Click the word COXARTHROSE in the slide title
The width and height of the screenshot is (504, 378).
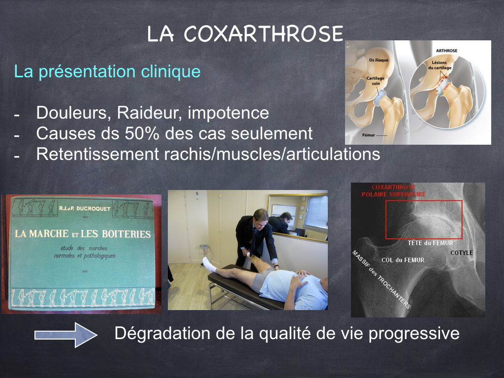[264, 34]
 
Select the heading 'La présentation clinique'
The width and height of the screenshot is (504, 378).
[107, 71]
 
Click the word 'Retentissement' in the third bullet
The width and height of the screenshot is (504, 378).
[98, 154]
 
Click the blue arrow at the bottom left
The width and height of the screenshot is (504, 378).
[66, 335]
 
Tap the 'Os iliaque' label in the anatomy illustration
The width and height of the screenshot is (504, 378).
[378, 60]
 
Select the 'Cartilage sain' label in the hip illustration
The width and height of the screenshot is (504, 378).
[376, 81]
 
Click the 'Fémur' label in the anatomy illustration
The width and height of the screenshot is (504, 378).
[369, 135]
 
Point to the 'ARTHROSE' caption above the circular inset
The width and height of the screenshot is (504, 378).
[446, 51]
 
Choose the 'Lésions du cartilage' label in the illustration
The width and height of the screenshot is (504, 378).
[440, 65]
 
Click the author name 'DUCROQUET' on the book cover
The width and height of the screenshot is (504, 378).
[94, 209]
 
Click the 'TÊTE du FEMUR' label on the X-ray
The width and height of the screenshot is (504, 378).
[430, 243]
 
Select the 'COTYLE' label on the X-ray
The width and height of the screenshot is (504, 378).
[462, 252]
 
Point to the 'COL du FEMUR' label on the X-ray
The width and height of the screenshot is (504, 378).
[403, 260]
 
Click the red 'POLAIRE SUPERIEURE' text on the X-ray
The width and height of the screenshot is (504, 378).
[393, 194]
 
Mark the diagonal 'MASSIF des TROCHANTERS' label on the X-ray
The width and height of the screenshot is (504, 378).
[381, 280]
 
